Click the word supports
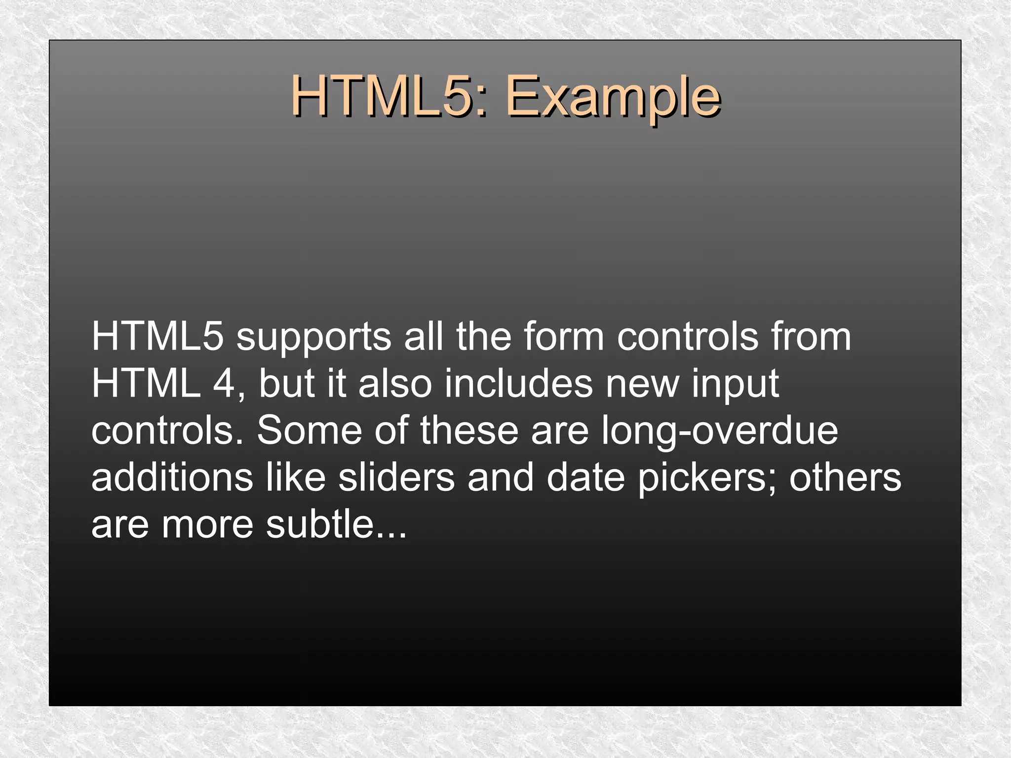coord(313,339)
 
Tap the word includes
coord(518,384)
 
